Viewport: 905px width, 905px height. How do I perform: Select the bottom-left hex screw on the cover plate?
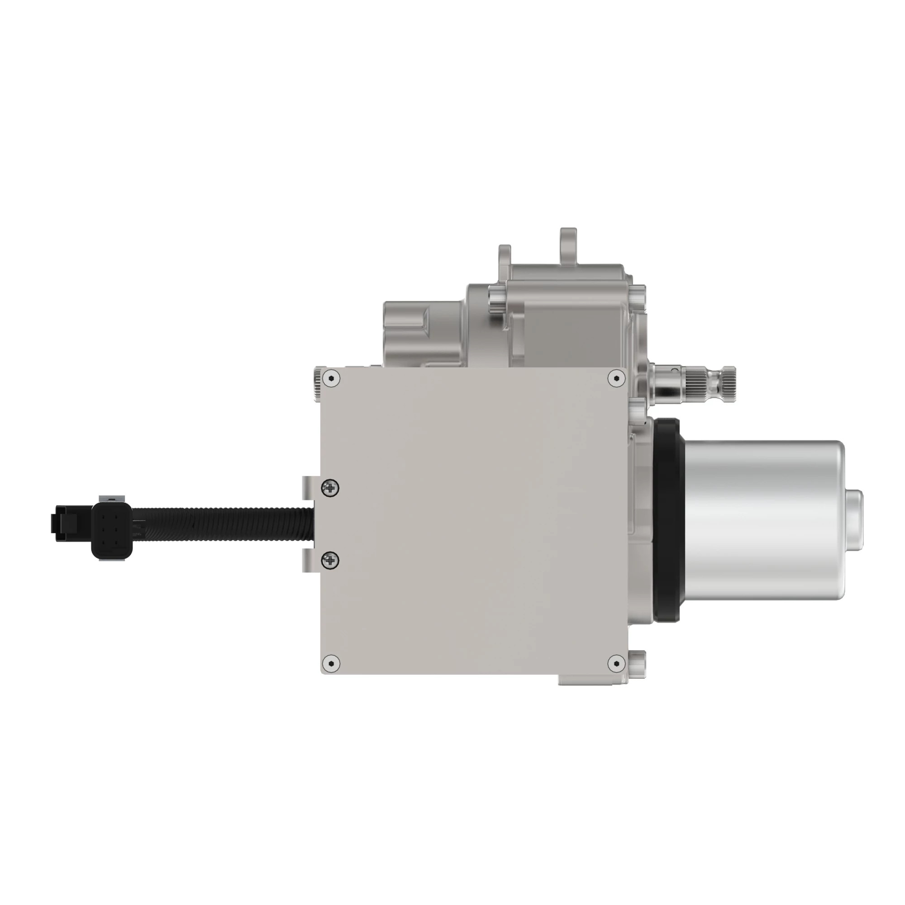[x=332, y=663]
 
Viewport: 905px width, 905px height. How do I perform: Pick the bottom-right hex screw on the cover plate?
[x=616, y=663]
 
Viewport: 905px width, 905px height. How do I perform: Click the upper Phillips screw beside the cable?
[x=331, y=488]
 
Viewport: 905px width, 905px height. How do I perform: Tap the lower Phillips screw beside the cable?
[x=331, y=560]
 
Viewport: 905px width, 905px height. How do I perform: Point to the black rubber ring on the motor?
[x=667, y=520]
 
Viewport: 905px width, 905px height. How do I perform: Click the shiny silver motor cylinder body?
[x=763, y=520]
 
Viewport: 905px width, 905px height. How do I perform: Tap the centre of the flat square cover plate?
[x=473, y=520]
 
